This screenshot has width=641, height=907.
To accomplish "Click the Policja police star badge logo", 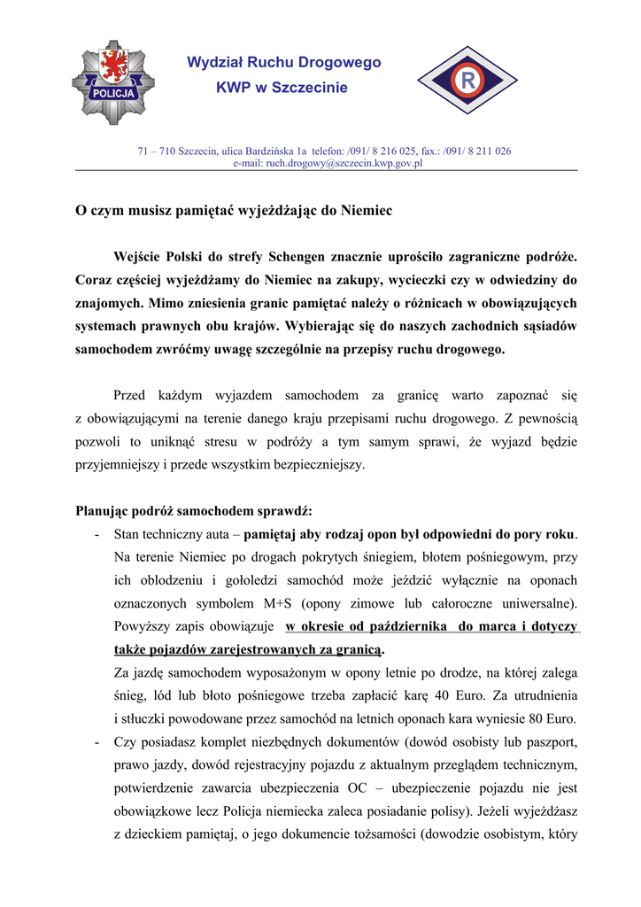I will [113, 82].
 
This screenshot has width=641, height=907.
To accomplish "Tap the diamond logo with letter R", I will [466, 81].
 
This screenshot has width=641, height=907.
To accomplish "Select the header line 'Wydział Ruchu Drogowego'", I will [283, 62].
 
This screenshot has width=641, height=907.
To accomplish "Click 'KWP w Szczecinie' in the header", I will [282, 88].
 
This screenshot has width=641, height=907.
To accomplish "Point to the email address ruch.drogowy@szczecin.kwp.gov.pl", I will [328, 163].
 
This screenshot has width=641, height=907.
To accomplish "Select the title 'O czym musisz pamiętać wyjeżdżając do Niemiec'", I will [233, 211].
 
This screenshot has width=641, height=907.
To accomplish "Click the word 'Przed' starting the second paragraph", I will [131, 394].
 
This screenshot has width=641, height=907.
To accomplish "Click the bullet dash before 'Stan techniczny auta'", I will [96, 534].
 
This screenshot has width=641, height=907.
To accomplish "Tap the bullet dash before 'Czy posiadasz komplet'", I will [96, 741].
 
